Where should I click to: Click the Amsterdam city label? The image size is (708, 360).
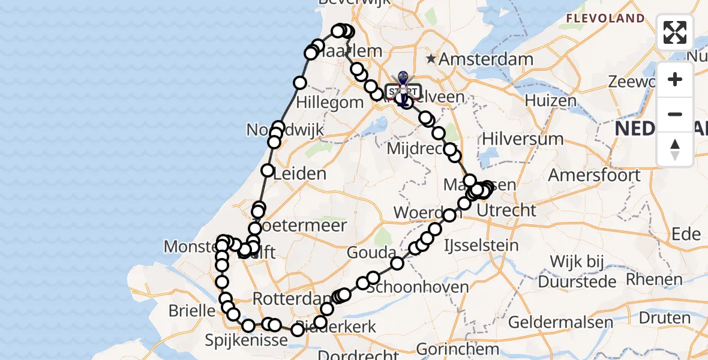click(486, 59)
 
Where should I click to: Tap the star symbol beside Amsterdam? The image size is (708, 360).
click(431, 59)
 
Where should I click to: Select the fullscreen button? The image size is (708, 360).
click(675, 32)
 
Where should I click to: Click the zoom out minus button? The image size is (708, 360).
click(675, 114)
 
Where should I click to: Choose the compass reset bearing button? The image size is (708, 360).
click(675, 149)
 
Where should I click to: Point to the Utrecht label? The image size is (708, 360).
click(507, 210)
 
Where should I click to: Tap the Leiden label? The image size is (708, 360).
click(299, 175)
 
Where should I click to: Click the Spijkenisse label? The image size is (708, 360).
click(247, 340)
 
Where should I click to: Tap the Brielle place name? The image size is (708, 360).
click(192, 311)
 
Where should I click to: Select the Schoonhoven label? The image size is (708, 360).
click(418, 287)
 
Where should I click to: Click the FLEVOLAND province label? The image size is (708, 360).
click(605, 18)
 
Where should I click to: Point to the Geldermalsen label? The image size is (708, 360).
click(560, 322)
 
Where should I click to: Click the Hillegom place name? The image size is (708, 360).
click(330, 103)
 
